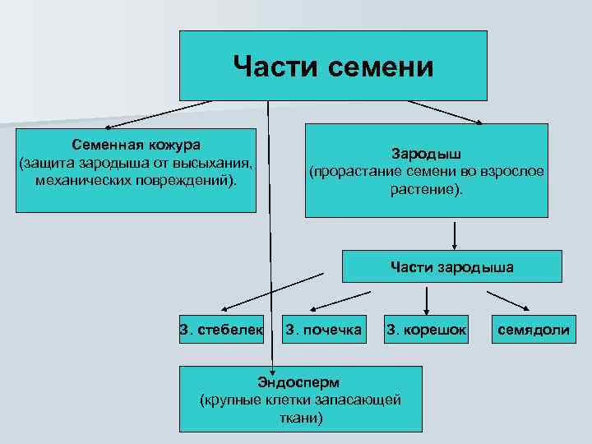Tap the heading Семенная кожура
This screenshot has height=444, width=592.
(136, 144)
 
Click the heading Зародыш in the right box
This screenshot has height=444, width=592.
(426, 154)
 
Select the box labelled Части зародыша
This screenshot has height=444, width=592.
(452, 266)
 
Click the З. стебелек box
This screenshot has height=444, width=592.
(221, 331)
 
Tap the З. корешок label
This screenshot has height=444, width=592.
(426, 331)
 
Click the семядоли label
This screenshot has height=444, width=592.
(533, 331)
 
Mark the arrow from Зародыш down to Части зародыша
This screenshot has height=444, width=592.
(454, 234)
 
